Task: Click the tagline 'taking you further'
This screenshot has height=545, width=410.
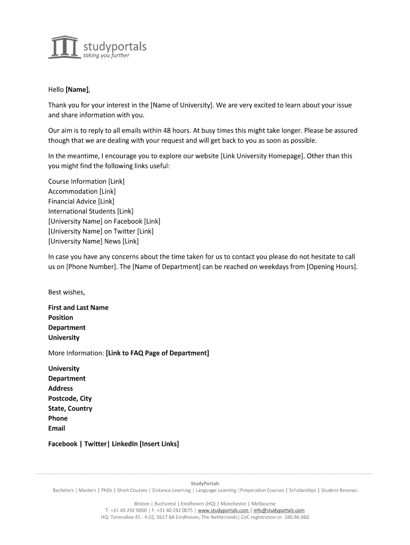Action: click(x=106, y=55)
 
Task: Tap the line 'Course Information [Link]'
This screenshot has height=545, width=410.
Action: click(x=86, y=181)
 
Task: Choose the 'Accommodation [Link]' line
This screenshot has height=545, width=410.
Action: click(x=82, y=192)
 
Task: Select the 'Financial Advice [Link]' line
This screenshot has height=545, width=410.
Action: click(x=81, y=202)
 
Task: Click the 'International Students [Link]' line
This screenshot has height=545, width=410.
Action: click(x=91, y=211)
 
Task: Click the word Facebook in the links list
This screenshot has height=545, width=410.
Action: click(x=128, y=221)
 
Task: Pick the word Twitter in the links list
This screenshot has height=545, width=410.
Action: click(x=124, y=232)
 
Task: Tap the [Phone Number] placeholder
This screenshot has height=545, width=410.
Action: click(x=91, y=267)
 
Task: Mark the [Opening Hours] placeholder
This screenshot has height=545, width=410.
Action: click(x=331, y=267)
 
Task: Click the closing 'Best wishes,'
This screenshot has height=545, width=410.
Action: click(x=67, y=292)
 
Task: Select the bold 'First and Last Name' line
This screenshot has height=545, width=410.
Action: click(x=78, y=308)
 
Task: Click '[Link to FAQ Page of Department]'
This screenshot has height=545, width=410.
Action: click(x=158, y=353)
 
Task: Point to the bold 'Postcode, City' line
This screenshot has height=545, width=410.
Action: click(x=70, y=399)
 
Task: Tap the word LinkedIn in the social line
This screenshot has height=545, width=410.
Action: click(x=125, y=444)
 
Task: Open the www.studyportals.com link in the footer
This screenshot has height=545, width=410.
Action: click(x=223, y=510)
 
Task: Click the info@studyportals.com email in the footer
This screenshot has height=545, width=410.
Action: click(x=279, y=510)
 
